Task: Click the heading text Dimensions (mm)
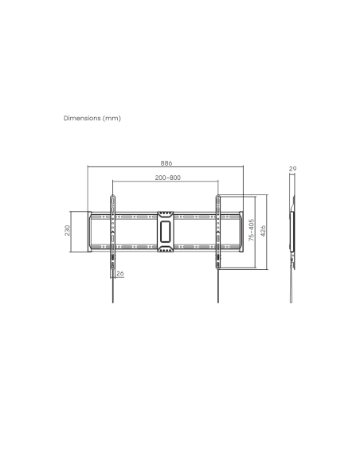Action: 92,118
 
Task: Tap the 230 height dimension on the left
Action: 68,231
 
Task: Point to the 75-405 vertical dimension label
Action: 252,231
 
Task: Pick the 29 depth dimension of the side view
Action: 292,169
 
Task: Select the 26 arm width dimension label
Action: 120,274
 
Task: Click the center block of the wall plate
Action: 165,232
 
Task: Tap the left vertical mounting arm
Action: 112,232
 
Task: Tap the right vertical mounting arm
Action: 217,232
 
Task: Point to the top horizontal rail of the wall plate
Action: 139,214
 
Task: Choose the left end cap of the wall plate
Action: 92,232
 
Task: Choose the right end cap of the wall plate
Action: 238,232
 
